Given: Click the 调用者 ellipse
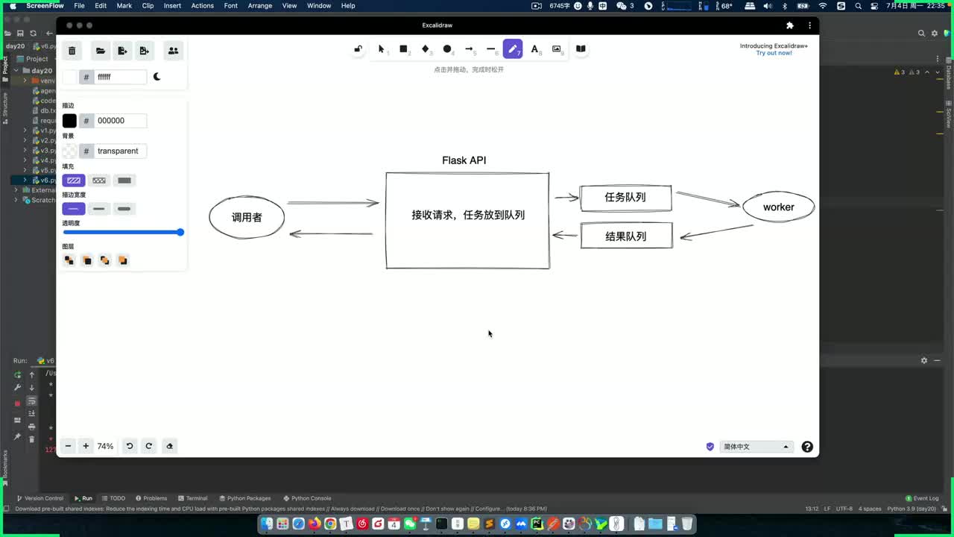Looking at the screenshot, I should [247, 218].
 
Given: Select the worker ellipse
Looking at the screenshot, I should [778, 207].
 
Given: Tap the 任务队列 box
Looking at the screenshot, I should [625, 198].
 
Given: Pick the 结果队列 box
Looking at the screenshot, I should [625, 236].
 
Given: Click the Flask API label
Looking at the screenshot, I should [464, 160].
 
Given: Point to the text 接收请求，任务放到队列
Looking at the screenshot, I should [468, 215].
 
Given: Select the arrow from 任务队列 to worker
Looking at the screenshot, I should [707, 199].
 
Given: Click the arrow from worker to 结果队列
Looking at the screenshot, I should [716, 232].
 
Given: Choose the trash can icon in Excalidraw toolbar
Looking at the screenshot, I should [72, 51].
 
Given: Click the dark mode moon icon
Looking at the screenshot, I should [157, 77].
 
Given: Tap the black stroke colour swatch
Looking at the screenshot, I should [69, 121].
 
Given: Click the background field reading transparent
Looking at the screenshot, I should [118, 151].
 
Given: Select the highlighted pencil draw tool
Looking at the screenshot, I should [513, 49].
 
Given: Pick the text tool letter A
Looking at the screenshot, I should [534, 49].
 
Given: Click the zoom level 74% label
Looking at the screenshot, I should [105, 446].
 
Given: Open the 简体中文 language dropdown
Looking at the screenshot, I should [756, 447].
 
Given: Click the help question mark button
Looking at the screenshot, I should [807, 447].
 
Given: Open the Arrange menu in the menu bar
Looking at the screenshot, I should [260, 6].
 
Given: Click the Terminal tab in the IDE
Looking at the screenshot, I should [196, 498].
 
